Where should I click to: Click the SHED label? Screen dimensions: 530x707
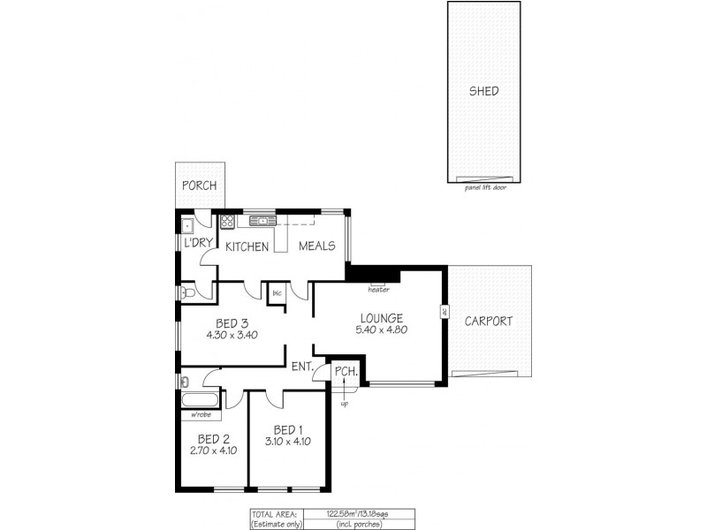click(x=483, y=91)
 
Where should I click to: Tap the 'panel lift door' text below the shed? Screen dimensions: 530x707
click(x=483, y=187)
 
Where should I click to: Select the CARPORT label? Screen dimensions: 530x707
click(x=488, y=322)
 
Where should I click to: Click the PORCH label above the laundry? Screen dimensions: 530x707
click(x=200, y=186)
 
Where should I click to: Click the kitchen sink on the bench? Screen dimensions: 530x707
click(x=263, y=220)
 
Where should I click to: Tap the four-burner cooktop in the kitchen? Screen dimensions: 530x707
click(x=227, y=221)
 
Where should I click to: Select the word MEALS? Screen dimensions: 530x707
click(x=317, y=246)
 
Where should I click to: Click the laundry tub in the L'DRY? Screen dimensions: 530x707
click(x=187, y=223)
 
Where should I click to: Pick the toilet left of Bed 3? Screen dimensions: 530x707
click(x=187, y=292)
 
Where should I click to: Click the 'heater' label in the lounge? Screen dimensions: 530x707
click(x=378, y=289)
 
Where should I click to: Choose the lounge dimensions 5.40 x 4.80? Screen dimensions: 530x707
click(x=382, y=330)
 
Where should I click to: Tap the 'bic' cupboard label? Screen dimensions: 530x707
click(x=277, y=292)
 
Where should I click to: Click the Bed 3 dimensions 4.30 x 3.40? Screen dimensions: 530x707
click(x=232, y=335)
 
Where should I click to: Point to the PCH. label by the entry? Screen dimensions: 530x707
click(x=346, y=373)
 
